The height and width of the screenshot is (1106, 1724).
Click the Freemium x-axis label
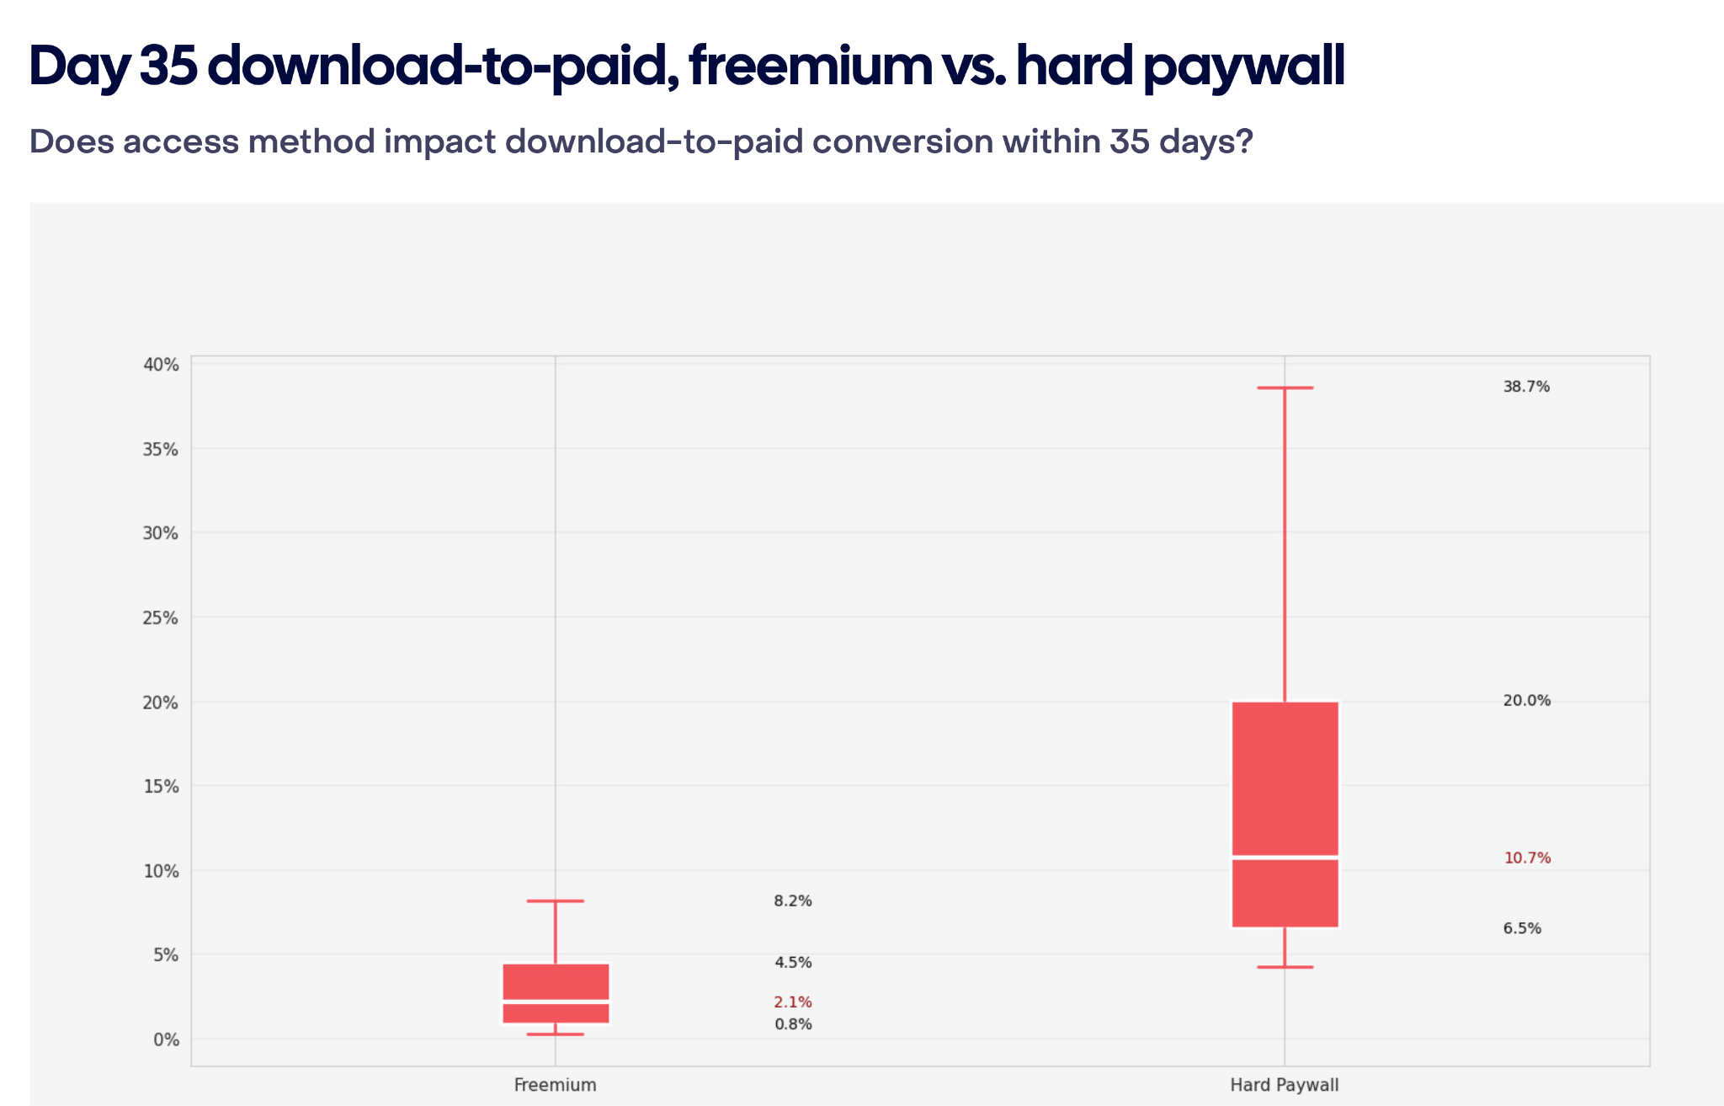tap(555, 1085)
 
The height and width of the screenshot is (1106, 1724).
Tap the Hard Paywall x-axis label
tap(1284, 1085)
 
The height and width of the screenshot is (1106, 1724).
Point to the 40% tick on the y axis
tap(162, 365)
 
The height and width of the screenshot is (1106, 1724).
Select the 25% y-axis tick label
tap(162, 618)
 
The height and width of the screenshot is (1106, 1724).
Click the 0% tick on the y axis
tap(166, 1039)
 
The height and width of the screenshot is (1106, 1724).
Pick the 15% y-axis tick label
tap(162, 787)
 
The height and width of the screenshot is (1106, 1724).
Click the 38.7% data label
tap(1526, 387)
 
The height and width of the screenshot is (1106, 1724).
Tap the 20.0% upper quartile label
tap(1526, 701)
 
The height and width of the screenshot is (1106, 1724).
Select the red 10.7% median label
tap(1527, 858)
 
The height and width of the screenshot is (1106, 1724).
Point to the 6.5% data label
tap(1522, 929)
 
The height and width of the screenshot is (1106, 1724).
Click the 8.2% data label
tap(793, 901)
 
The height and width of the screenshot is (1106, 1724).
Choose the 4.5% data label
tap(793, 963)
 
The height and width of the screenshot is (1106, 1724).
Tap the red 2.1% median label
tap(793, 1002)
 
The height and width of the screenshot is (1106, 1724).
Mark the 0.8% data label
tap(793, 1025)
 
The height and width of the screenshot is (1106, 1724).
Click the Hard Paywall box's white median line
tap(1285, 858)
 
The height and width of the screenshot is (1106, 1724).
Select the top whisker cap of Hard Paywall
tap(1285, 388)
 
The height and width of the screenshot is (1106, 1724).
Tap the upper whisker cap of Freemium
tap(556, 901)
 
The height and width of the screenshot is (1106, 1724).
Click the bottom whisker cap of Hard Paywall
tap(1285, 967)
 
